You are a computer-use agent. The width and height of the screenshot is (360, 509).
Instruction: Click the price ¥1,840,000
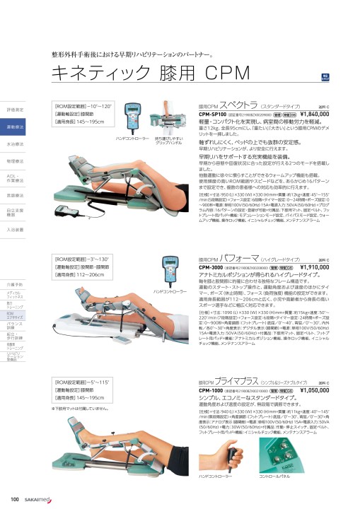325,114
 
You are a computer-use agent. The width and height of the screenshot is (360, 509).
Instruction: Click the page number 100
14,501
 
